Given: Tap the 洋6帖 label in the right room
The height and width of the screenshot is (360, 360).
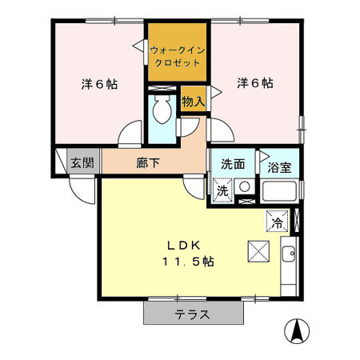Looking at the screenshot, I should click(x=254, y=83).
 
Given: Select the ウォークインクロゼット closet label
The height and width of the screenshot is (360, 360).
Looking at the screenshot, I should click(x=178, y=54).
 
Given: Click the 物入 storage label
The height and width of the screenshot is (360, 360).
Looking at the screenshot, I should click(x=193, y=101).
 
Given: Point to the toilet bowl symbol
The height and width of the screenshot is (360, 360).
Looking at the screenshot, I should click(x=162, y=110).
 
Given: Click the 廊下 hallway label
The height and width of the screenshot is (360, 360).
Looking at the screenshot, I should click(x=147, y=163).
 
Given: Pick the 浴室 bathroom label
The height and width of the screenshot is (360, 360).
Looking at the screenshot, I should click(x=279, y=169).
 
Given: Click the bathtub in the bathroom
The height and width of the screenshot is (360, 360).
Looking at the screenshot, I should click(x=280, y=192).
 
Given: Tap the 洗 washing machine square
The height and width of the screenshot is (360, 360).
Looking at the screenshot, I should click(x=223, y=190).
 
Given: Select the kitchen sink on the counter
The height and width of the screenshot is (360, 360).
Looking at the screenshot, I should click(x=289, y=255).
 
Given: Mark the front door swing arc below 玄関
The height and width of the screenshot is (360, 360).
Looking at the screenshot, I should click(x=81, y=189).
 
